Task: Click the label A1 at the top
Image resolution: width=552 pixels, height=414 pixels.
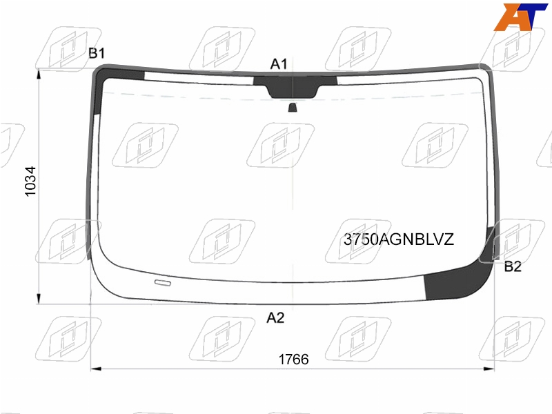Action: coord(279,64)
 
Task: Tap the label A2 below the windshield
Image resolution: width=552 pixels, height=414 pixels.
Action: coord(275,317)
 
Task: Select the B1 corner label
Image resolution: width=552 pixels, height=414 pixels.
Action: coord(97,53)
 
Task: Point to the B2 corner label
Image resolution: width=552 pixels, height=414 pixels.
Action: coord(513,266)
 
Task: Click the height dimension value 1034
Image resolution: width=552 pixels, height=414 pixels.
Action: coord(30,181)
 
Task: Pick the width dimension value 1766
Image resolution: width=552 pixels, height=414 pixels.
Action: coord(294,359)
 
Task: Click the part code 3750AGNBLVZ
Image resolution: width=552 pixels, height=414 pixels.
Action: coord(399,239)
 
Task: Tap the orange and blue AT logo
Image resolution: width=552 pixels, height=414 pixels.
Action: coord(520,17)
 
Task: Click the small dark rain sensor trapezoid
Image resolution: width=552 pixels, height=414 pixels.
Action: coord(293,108)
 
